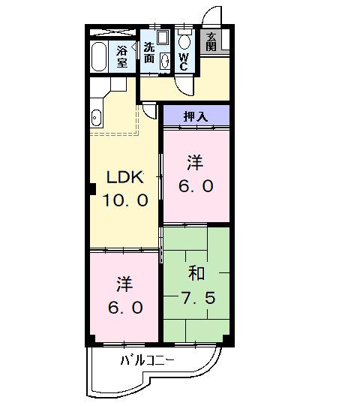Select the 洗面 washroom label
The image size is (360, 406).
(x=150, y=52)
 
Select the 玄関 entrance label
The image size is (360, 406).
(x=212, y=42)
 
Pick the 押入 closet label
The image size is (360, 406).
(x=196, y=116)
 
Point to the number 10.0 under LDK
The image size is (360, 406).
(x=126, y=200)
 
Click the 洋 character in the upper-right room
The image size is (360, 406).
(x=195, y=161)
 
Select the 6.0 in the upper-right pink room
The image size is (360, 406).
(x=196, y=185)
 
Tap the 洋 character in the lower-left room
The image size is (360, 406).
(x=124, y=284)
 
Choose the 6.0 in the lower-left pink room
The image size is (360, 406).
(x=124, y=308)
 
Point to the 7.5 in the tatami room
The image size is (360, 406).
(x=198, y=298)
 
